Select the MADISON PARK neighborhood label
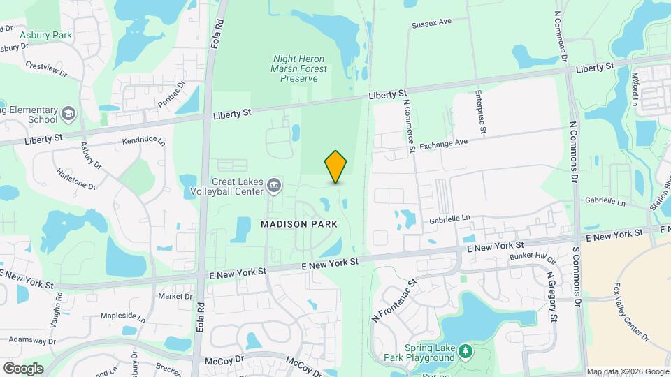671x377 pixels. pyautogui.click(x=299, y=224)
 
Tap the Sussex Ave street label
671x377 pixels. pyautogui.click(x=432, y=23)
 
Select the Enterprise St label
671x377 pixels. pyautogui.click(x=481, y=111)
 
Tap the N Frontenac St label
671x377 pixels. pyautogui.click(x=394, y=297)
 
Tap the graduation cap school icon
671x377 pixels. pyautogui.click(x=68, y=113)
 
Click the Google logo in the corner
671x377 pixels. pyautogui.click(x=23, y=368)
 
